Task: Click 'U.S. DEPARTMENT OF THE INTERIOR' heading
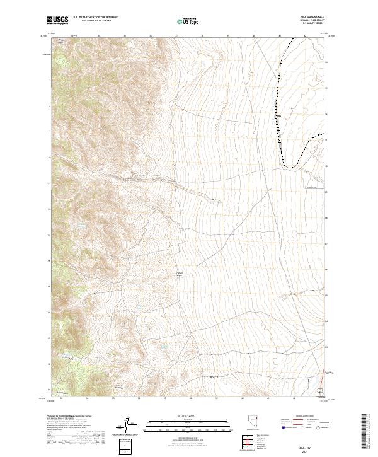[x=95, y=18]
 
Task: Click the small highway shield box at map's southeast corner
[x=319, y=391]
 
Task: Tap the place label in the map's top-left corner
[x=62, y=42]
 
